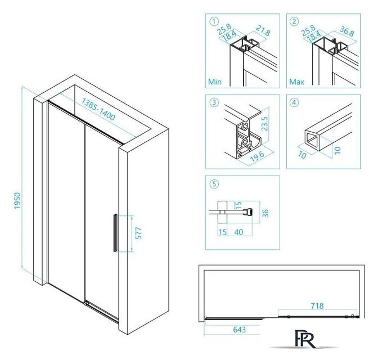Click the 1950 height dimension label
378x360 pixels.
pos(17,201)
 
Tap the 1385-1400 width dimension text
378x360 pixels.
pos(98,109)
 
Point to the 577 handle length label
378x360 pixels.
pos(138,233)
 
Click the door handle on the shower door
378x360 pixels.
pos(115,233)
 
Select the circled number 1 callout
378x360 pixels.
pos(214,21)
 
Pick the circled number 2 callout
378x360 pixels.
pos(294,21)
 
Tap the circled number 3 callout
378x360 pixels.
pos(214,102)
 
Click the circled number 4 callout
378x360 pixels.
pos(294,102)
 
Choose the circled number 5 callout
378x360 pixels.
pos(214,184)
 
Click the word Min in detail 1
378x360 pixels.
pos(214,82)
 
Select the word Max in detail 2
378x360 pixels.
pos(296,82)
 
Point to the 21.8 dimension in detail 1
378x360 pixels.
pos(263,31)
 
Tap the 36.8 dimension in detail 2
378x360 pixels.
pos(347,31)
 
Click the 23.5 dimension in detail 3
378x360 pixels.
pos(265,124)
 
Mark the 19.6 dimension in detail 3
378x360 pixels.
pos(257,157)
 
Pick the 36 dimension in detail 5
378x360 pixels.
pos(265,213)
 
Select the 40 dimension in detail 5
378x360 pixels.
pos(238,232)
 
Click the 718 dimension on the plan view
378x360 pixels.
pos(317,306)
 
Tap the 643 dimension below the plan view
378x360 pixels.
pos(240,330)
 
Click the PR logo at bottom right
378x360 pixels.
pos(305,339)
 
